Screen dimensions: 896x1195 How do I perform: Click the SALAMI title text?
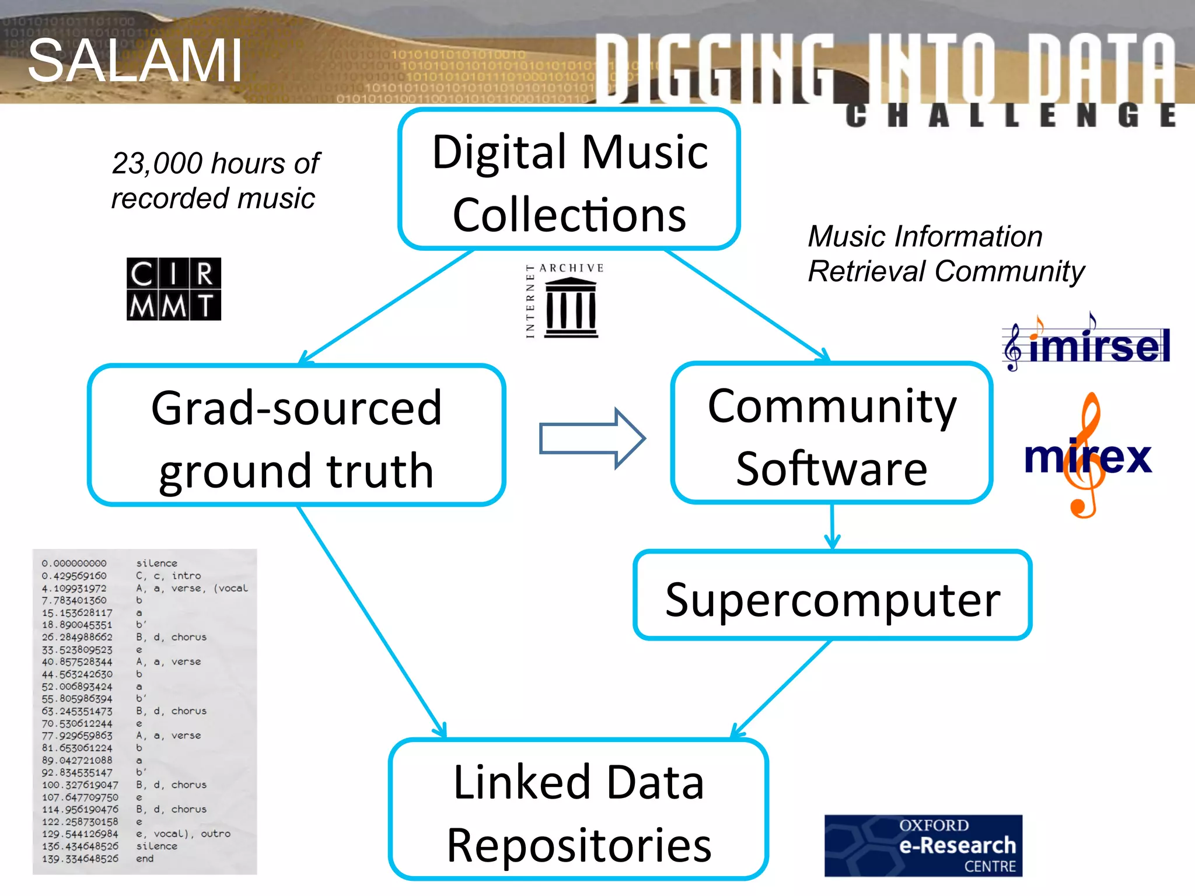[135, 60]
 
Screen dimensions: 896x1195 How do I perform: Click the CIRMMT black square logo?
[174, 289]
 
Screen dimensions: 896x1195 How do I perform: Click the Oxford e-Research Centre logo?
[923, 845]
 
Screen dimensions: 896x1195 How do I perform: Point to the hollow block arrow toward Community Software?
[592, 439]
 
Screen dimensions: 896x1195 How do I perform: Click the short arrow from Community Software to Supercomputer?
[832, 526]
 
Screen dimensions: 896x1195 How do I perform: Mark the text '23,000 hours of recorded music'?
[215, 180]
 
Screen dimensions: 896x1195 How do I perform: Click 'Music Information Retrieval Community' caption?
[945, 254]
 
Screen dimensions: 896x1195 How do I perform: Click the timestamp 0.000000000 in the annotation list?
[74, 563]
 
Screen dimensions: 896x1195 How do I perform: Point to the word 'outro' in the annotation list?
[215, 834]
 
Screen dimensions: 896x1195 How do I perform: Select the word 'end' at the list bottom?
[145, 859]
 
